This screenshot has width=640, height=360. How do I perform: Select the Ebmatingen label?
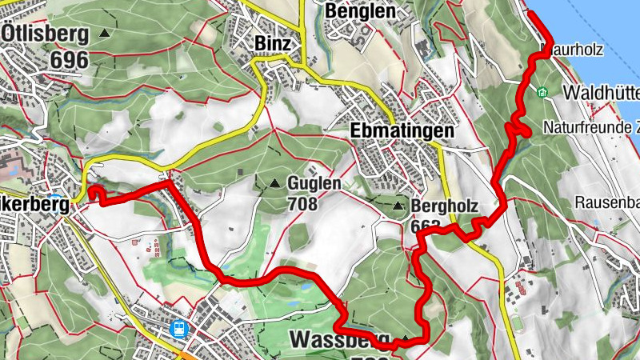pyautogui.click(x=402, y=130)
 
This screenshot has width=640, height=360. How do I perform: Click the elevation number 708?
pyautogui.click(x=302, y=204)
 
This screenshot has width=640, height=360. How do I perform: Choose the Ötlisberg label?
pyautogui.click(x=45, y=33)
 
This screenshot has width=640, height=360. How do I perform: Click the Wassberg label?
pyautogui.click(x=340, y=338)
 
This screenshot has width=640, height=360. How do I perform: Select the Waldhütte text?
pyautogui.click(x=601, y=93)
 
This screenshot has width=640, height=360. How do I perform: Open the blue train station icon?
pyautogui.click(x=178, y=328)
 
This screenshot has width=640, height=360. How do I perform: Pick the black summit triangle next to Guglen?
pyautogui.click(x=275, y=183)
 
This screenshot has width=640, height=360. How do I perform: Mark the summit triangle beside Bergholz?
pyautogui.click(x=398, y=207)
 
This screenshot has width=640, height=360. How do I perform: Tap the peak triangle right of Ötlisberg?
pyautogui.click(x=105, y=33)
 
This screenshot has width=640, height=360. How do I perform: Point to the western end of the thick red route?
pyautogui.click(x=90, y=190)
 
